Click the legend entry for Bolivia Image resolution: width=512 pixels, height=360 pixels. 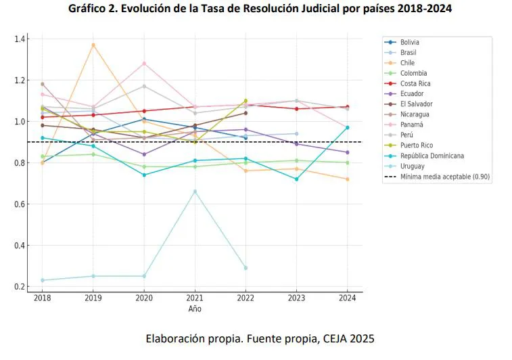(409, 42)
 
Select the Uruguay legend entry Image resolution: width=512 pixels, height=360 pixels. (412, 166)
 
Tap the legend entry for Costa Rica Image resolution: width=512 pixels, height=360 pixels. (415, 83)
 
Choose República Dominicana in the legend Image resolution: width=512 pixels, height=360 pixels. (432, 156)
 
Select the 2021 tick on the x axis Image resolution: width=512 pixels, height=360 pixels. (195, 298)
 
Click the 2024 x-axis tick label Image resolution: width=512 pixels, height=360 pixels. (348, 298)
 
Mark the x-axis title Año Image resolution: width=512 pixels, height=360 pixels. (195, 309)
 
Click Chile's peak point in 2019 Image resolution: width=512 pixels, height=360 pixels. (93, 45)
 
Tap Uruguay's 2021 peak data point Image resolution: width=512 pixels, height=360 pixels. (195, 192)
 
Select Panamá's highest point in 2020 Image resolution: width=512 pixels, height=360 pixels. (144, 64)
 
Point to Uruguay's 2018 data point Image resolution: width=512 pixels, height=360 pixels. (43, 280)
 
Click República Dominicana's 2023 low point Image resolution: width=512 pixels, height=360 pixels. (296, 179)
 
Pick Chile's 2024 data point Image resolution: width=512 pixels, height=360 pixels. (347, 179)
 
